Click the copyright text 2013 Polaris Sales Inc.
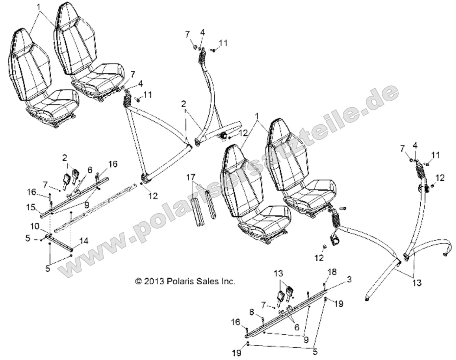pos(185,281)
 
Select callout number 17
pos(190,178)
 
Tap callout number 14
pos(84,241)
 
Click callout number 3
pos(349,279)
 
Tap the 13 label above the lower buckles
pos(279,274)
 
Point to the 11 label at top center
pos(223,43)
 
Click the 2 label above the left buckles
pos(65,158)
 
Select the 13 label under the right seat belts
pos(417,283)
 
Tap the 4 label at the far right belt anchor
pos(415,145)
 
